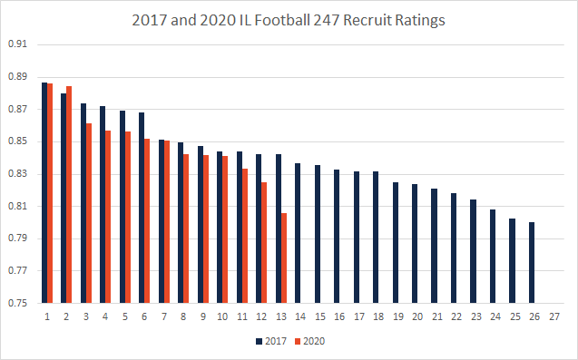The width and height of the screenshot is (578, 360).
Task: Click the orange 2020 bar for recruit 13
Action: (284, 258)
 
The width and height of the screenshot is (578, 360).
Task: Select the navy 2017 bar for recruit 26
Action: (531, 263)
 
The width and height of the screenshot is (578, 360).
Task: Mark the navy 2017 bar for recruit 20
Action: (415, 244)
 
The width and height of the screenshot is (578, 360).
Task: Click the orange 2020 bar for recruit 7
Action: (167, 222)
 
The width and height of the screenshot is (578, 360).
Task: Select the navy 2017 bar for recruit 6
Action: (142, 208)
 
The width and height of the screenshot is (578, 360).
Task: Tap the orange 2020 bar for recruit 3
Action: (89, 213)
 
